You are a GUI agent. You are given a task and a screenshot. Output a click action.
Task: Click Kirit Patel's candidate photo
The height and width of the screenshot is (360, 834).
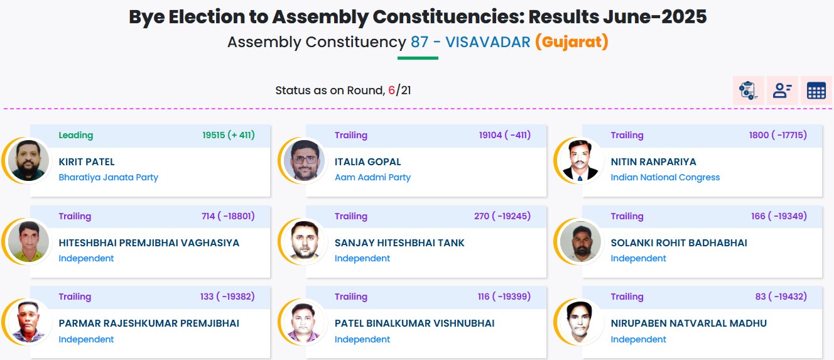tap(29, 160)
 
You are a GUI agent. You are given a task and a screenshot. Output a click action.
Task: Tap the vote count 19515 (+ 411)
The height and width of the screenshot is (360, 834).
tap(229, 135)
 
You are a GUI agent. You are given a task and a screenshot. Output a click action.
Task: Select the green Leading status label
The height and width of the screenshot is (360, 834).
tap(76, 135)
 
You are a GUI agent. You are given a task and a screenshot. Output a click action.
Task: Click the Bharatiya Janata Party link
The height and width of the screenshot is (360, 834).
tap(109, 177)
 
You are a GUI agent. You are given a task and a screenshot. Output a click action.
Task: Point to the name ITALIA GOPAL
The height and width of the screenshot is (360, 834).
tap(368, 162)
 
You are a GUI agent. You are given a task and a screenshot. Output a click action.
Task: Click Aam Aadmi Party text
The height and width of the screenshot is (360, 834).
tap(372, 177)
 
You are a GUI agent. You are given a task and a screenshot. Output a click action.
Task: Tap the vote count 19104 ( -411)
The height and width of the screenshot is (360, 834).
tap(505, 135)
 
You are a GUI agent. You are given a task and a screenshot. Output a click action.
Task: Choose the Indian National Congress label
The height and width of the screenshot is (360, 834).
tap(665, 177)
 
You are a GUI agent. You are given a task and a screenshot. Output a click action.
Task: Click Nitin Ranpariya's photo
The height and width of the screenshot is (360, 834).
tap(580, 160)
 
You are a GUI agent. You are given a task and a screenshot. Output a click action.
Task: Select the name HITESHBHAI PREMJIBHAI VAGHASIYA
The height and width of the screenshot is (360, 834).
tap(149, 243)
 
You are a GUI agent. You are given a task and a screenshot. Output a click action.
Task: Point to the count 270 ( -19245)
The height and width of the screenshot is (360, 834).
tap(502, 216)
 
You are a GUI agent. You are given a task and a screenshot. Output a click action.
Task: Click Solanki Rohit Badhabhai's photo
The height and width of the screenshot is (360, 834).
tap(580, 241)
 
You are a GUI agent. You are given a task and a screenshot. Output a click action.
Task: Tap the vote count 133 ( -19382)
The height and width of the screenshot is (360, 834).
tap(227, 297)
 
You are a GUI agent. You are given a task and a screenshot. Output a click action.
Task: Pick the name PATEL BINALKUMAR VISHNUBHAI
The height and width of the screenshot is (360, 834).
tap(414, 324)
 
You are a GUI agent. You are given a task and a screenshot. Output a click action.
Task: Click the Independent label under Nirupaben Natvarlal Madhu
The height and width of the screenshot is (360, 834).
tap(638, 339)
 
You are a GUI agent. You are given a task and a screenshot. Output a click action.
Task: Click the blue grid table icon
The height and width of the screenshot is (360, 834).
tap(816, 90)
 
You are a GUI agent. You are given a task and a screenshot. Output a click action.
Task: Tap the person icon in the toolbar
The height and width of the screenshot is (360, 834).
tap(783, 90)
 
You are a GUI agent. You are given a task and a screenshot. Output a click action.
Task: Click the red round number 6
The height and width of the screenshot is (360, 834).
tap(391, 90)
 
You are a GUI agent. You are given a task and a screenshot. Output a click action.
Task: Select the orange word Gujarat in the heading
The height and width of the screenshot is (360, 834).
tap(572, 41)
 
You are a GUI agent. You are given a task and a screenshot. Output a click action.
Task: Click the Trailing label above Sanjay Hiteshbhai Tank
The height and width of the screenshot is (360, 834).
tap(350, 216)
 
